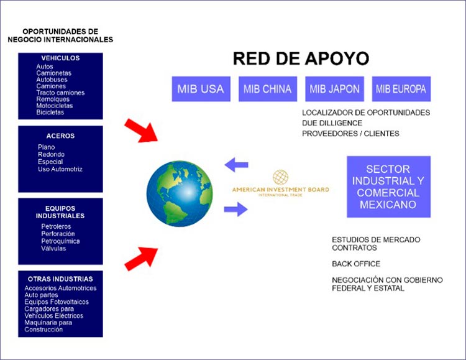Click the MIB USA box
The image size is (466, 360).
pyautogui.click(x=201, y=89)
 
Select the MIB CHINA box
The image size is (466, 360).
pyautogui.click(x=267, y=89)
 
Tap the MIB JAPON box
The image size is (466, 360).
pyautogui.click(x=334, y=89)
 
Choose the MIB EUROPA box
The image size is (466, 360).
pyautogui.click(x=401, y=89)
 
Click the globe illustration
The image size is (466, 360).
pyautogui.click(x=180, y=194)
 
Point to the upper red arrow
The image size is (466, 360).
pyautogui.click(x=141, y=131)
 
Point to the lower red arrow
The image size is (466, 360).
pyautogui.click(x=141, y=259)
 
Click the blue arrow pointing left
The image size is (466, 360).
pyautogui.click(x=236, y=165)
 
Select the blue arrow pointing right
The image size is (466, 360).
pyautogui.click(x=235, y=209)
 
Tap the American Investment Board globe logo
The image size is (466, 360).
pyautogui.click(x=281, y=177)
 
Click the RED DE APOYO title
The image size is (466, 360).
pyautogui.click(x=301, y=58)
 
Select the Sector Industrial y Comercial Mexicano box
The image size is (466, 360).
pyautogui.click(x=389, y=187)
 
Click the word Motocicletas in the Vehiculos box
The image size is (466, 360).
pyautogui.click(x=55, y=106)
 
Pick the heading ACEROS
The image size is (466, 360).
pyautogui.click(x=60, y=136)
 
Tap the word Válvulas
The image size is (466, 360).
pyautogui.click(x=53, y=249)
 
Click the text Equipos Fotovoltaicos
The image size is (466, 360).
pyautogui.click(x=57, y=302)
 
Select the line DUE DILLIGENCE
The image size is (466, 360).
pyautogui.click(x=332, y=123)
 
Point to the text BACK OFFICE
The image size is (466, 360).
pyautogui.click(x=356, y=264)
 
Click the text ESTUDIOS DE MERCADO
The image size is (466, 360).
pyautogui.click(x=376, y=240)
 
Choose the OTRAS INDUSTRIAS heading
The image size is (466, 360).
pyautogui.click(x=60, y=279)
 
